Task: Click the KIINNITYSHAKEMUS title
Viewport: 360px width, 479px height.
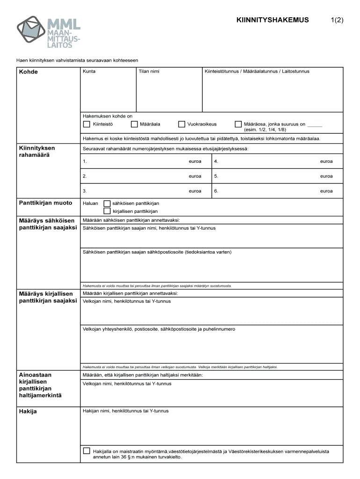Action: tap(273, 20)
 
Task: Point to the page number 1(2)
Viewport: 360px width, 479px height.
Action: tap(337, 20)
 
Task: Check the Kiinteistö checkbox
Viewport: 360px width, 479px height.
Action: tap(86, 124)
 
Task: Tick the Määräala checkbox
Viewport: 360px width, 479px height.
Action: tap(134, 124)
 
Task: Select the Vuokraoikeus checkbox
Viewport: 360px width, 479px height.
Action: tap(182, 124)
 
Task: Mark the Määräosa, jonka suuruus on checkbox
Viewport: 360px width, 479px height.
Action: tap(238, 124)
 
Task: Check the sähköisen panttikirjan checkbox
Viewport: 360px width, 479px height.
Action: tap(107, 203)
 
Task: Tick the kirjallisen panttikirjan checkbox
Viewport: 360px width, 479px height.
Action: tap(107, 211)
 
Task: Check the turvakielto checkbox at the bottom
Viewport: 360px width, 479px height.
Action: tap(86, 451)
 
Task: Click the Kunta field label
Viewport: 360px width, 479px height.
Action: tap(89, 72)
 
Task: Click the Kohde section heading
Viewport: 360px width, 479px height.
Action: tap(29, 72)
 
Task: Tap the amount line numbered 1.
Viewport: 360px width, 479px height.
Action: tap(136, 161)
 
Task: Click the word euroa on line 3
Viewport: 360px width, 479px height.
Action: tap(195, 191)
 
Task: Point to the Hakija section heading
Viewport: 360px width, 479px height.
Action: tap(28, 412)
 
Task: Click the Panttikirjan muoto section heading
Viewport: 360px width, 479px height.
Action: tap(46, 203)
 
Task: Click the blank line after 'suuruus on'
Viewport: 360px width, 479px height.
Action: tap(315, 125)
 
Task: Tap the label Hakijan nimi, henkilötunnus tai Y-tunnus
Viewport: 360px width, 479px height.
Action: tap(125, 411)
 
